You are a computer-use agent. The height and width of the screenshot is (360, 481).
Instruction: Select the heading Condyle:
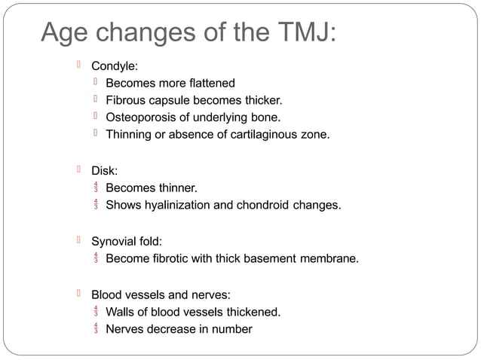115,66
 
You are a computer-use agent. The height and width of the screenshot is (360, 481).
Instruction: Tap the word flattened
209,83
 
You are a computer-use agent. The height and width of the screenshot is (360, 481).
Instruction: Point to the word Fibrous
127,100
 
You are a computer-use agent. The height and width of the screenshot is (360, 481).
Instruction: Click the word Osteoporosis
140,117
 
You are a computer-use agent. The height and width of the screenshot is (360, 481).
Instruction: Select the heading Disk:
105,170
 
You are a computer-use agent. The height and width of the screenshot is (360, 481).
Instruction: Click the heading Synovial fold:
127,242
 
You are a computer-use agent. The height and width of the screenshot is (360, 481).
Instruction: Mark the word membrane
329,259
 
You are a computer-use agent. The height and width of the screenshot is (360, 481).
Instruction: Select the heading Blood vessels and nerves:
161,294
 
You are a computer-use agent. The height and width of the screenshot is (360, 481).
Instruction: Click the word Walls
120,311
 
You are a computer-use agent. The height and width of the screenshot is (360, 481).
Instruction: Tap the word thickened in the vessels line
251,311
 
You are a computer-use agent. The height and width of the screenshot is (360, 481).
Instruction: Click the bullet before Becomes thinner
96,188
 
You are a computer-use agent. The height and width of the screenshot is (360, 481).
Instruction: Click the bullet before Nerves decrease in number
96,328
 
